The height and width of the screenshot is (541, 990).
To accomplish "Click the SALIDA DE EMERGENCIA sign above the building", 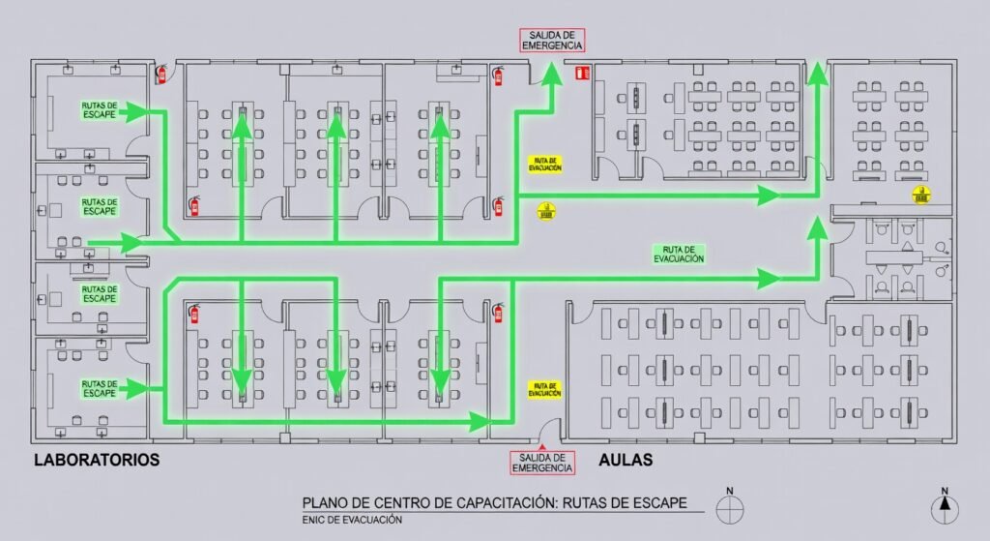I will tap(552, 41).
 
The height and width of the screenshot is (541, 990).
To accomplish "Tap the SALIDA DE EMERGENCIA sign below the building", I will tap(542, 463).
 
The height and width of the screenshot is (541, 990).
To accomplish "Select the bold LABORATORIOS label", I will tap(96, 460).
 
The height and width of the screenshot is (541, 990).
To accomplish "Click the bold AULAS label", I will tap(626, 460).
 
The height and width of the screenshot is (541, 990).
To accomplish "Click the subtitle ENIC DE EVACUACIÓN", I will tap(352, 520).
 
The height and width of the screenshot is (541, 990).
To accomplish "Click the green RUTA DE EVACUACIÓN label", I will tap(678, 254).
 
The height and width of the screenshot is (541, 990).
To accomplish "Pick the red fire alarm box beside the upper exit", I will tap(582, 72).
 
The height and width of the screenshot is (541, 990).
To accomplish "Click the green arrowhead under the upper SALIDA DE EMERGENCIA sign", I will tap(552, 73).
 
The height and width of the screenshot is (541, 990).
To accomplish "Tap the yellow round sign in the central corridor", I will tap(545, 209).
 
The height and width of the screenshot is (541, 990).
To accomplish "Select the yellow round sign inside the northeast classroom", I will tap(921, 195).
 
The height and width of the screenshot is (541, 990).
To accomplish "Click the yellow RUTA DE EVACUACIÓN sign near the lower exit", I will tap(545, 389).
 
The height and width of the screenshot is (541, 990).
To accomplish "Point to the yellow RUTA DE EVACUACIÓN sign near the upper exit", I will tap(545, 164).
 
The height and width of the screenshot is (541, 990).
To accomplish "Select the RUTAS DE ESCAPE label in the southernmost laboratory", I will tap(100, 389).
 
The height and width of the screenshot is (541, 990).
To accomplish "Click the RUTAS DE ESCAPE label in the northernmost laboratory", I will tap(100, 110).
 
